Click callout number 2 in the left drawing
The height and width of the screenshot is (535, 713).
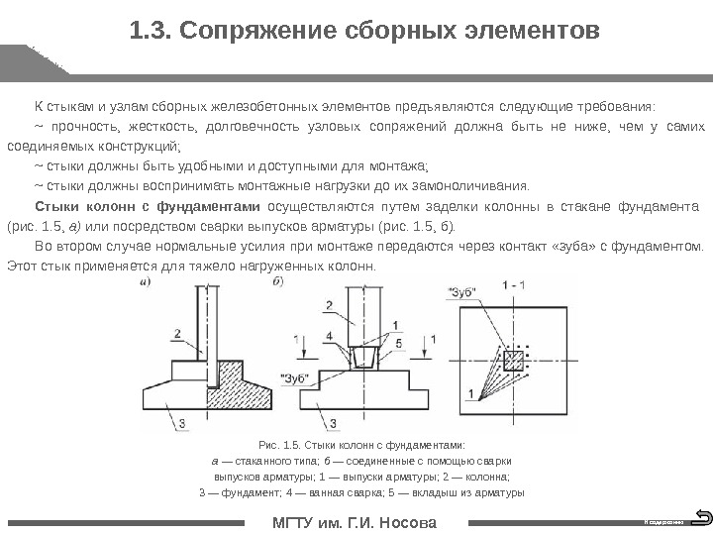pyautogui.click(x=176, y=333)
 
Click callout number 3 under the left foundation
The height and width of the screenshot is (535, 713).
pyautogui.click(x=181, y=423)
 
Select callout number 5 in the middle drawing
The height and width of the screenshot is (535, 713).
pyautogui.click(x=398, y=343)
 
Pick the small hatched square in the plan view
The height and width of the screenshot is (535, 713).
pyautogui.click(x=513, y=361)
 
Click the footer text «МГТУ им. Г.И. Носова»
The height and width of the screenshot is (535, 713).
pyautogui.click(x=355, y=522)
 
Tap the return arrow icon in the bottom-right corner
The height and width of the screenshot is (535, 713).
pyautogui.click(x=702, y=516)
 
